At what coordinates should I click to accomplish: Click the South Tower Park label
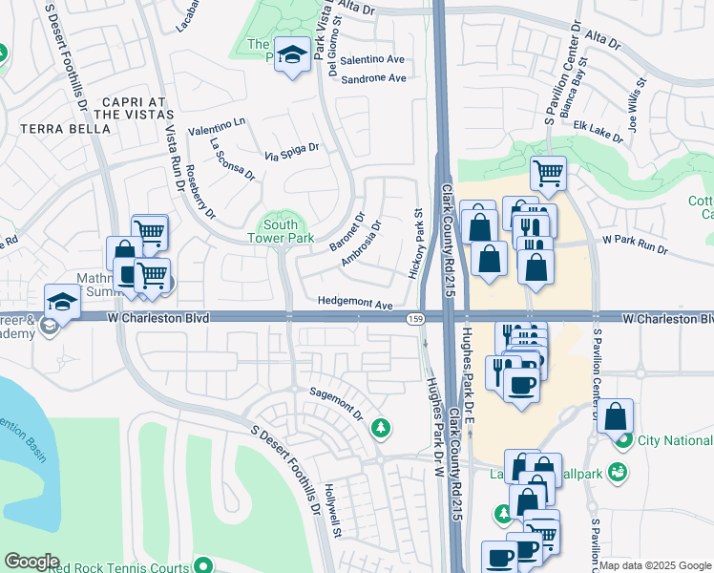point(281,230)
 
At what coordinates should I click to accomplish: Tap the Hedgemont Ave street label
point(356,305)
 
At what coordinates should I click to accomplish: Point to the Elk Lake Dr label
point(598,132)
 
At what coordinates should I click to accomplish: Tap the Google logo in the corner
point(31,562)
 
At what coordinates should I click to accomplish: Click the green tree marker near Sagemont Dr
point(382,427)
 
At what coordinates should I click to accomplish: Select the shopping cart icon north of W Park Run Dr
point(548,174)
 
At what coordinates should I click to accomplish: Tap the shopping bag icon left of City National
point(617,416)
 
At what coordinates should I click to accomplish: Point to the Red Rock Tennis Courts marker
point(200,563)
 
